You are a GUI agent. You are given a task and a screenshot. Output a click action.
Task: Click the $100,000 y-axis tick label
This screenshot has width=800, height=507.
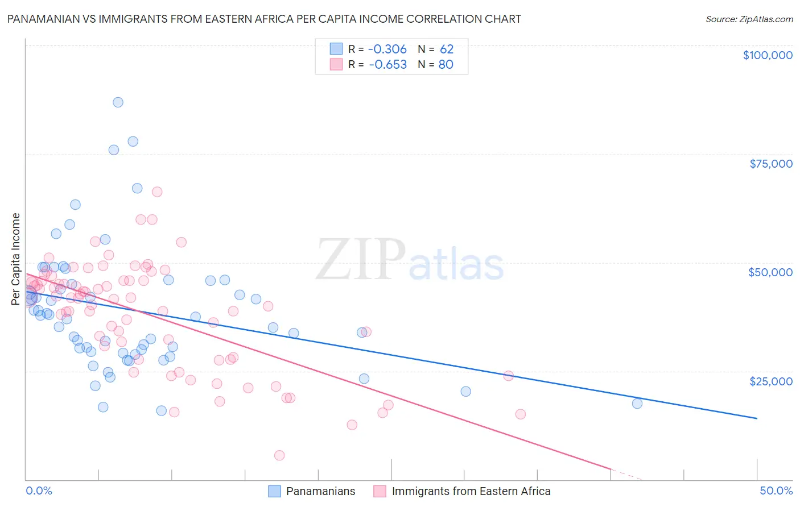(x=767, y=55)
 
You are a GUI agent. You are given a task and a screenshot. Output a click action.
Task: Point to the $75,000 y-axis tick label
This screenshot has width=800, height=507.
(x=770, y=164)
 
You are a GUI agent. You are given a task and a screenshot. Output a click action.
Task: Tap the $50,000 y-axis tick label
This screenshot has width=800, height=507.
(x=770, y=272)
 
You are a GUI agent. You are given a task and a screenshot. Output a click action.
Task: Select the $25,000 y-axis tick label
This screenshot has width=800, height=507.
(x=770, y=381)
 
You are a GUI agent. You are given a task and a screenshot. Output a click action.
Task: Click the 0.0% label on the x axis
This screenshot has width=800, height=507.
(x=39, y=491)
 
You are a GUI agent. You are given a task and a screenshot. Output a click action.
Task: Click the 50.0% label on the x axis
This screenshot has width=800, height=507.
(x=776, y=491)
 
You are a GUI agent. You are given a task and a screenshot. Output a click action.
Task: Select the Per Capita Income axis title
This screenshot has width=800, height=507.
(x=16, y=259)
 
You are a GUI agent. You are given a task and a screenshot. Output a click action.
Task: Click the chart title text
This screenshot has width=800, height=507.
(x=264, y=19)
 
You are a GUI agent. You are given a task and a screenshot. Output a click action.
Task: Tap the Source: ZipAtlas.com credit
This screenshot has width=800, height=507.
(x=749, y=19)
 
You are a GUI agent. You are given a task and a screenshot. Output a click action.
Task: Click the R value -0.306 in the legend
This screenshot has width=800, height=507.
(x=387, y=49)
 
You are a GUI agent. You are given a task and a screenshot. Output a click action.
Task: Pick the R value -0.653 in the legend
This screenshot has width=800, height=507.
(x=387, y=65)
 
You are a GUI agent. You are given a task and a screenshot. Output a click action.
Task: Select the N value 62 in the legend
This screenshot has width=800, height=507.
(x=446, y=49)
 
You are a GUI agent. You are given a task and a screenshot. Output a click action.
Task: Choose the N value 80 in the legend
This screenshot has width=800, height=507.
(x=446, y=65)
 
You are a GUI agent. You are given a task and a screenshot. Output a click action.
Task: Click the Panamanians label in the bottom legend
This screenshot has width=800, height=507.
(x=320, y=492)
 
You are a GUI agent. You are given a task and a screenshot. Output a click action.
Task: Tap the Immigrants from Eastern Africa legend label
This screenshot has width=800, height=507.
(x=471, y=492)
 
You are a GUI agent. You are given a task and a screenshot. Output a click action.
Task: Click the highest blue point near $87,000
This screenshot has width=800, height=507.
(x=118, y=102)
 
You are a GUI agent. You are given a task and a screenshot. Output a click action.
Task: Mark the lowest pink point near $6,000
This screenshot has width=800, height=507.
(x=279, y=455)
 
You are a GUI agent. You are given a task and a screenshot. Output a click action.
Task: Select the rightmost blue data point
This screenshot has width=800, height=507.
(x=637, y=404)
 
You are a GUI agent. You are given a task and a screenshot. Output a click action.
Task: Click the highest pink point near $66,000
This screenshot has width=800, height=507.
(x=157, y=192)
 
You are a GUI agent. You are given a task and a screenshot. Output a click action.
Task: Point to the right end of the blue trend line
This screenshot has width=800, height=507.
(x=757, y=418)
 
